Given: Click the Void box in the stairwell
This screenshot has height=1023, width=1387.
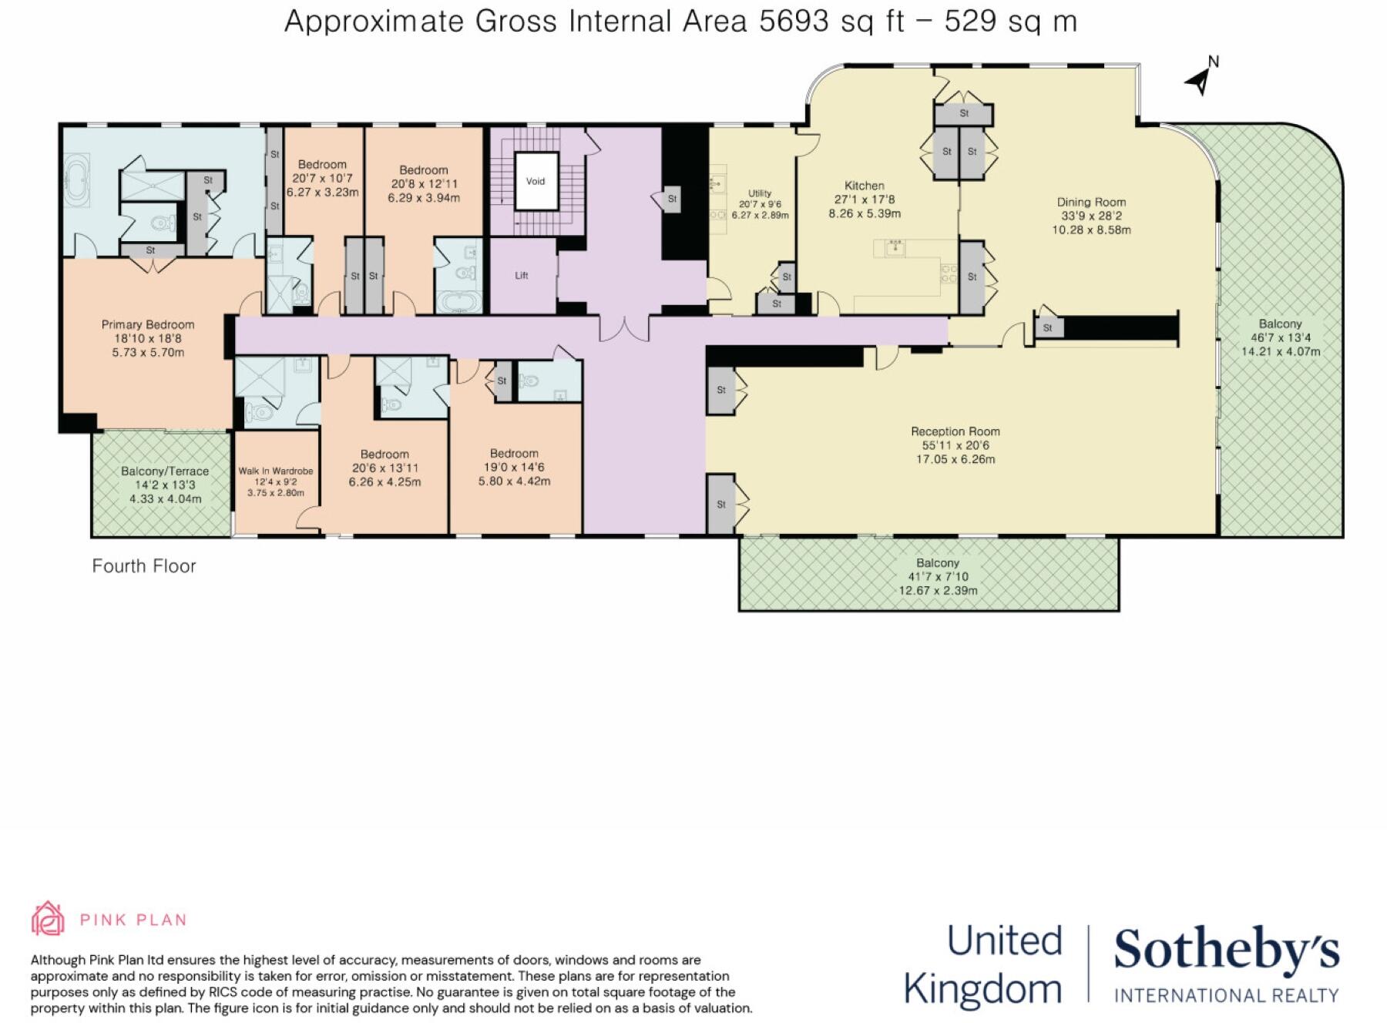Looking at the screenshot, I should [x=536, y=181].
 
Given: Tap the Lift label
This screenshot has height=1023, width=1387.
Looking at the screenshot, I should [x=522, y=275].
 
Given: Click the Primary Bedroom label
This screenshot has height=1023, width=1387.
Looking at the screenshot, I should [x=148, y=324].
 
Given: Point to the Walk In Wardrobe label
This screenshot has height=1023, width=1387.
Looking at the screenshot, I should [x=276, y=471].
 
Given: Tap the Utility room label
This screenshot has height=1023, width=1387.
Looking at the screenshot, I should [x=760, y=193].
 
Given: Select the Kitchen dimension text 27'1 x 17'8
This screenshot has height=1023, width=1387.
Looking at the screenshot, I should [x=865, y=200].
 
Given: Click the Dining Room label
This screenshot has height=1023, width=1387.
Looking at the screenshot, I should [x=1091, y=203].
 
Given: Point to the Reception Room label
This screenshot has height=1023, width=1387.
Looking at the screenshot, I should [x=955, y=431].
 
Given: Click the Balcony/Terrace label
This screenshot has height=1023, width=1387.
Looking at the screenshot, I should [x=165, y=471].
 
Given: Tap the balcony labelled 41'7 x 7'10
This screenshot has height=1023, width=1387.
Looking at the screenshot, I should [x=938, y=576].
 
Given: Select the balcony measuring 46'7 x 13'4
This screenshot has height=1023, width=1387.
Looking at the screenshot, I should [x=1280, y=337].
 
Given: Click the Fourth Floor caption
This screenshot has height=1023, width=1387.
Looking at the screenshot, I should [x=144, y=566].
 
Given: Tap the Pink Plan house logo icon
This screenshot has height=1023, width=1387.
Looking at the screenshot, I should [x=48, y=918].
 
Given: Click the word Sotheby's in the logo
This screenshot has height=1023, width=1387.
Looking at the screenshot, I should [x=1226, y=951].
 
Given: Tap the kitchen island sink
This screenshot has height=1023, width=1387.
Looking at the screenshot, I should [x=895, y=247].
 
